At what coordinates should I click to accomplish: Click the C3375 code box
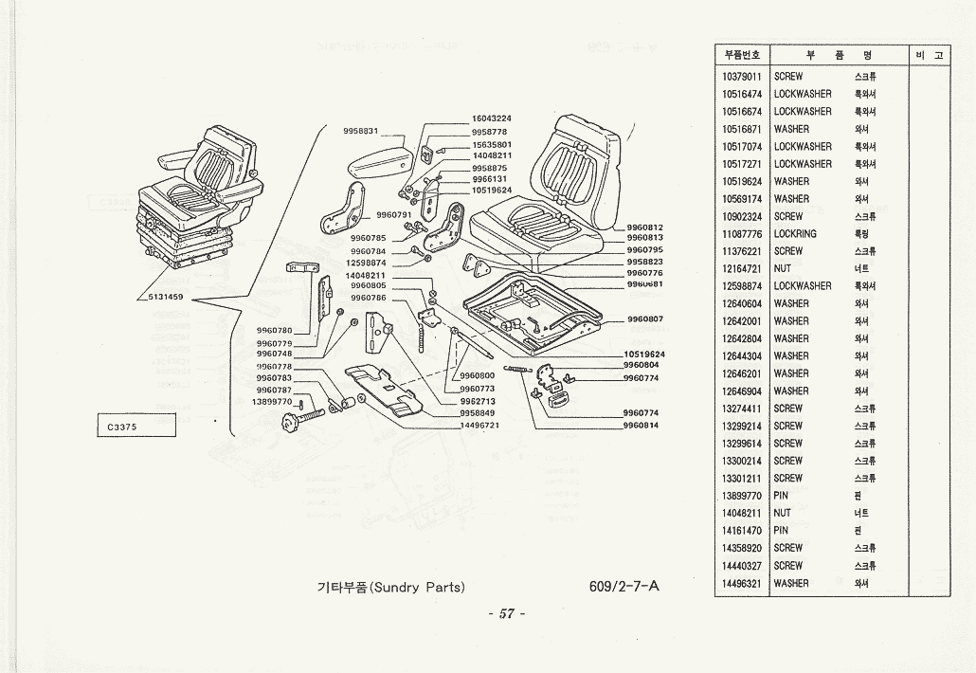136,427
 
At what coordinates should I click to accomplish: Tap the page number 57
506,613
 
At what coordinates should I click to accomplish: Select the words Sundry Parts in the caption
417,587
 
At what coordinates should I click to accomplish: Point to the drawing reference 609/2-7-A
624,586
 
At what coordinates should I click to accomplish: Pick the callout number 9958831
360,131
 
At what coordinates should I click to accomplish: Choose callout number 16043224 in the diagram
491,118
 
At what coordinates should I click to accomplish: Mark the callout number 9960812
644,227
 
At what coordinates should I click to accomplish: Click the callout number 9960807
644,319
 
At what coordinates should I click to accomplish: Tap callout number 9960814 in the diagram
641,426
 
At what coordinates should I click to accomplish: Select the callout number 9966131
489,179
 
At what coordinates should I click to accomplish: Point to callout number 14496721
479,426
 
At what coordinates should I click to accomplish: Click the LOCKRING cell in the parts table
795,233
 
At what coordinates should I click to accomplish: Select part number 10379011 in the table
742,77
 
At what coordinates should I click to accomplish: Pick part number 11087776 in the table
742,233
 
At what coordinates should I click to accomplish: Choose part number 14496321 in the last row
742,583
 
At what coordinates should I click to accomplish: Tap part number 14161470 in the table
742,531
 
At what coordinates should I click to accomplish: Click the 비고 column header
929,55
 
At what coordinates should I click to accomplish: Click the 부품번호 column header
742,55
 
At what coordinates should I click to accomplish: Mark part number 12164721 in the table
742,268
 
